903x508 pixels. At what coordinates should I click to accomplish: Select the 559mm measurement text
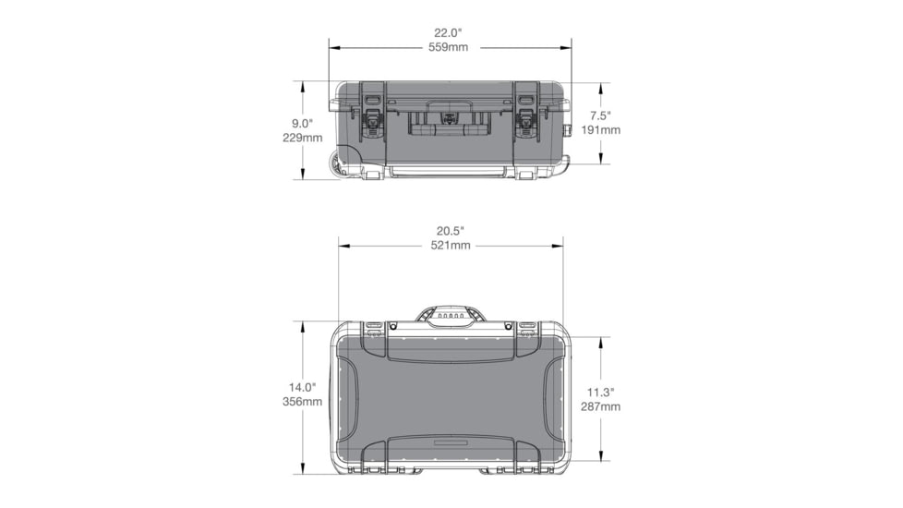[451, 46]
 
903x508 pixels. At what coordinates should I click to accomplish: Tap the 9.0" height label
[302, 123]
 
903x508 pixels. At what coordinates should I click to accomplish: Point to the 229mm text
[302, 138]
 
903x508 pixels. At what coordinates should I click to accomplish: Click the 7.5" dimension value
[600, 115]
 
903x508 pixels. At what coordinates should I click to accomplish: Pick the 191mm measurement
[600, 130]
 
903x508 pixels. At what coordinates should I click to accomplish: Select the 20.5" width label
[451, 230]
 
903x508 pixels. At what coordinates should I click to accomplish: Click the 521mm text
[451, 245]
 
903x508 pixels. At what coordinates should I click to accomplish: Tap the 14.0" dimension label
[302, 387]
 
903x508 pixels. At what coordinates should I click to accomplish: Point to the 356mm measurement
[302, 402]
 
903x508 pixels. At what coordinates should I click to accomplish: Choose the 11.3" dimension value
[600, 391]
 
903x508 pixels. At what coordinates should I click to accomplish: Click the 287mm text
[600, 405]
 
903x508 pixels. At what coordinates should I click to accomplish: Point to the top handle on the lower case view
[450, 316]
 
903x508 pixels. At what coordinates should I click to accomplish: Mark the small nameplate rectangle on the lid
[450, 443]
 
